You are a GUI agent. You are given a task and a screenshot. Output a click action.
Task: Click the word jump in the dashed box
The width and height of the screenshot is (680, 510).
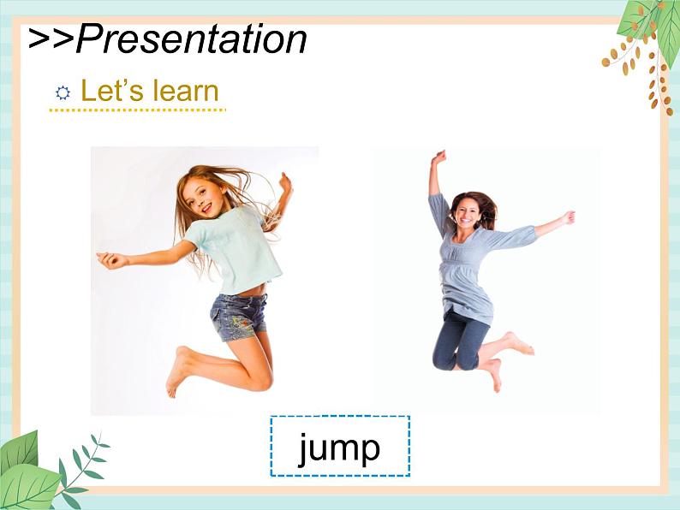click(x=339, y=448)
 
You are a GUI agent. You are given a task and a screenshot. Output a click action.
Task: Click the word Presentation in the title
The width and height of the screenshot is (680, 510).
click(x=191, y=39)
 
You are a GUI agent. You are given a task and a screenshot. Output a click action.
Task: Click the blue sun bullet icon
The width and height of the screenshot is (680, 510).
click(x=63, y=92)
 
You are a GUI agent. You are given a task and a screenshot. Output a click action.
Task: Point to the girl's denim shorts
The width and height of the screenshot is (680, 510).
click(x=239, y=317)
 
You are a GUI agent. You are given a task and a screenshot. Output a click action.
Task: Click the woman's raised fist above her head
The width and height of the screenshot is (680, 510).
click(x=439, y=157)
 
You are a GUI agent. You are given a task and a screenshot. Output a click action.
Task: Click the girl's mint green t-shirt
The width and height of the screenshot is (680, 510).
click(x=236, y=248)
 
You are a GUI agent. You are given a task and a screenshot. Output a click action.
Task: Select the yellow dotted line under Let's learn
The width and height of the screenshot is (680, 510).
click(x=138, y=110)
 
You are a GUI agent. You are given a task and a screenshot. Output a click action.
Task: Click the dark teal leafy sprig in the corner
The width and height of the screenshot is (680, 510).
click(x=81, y=470)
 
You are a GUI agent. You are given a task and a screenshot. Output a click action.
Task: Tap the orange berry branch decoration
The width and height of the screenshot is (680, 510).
click(x=637, y=72)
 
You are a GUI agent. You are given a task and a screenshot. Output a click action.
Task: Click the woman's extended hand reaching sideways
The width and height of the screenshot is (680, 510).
click(x=568, y=217)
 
